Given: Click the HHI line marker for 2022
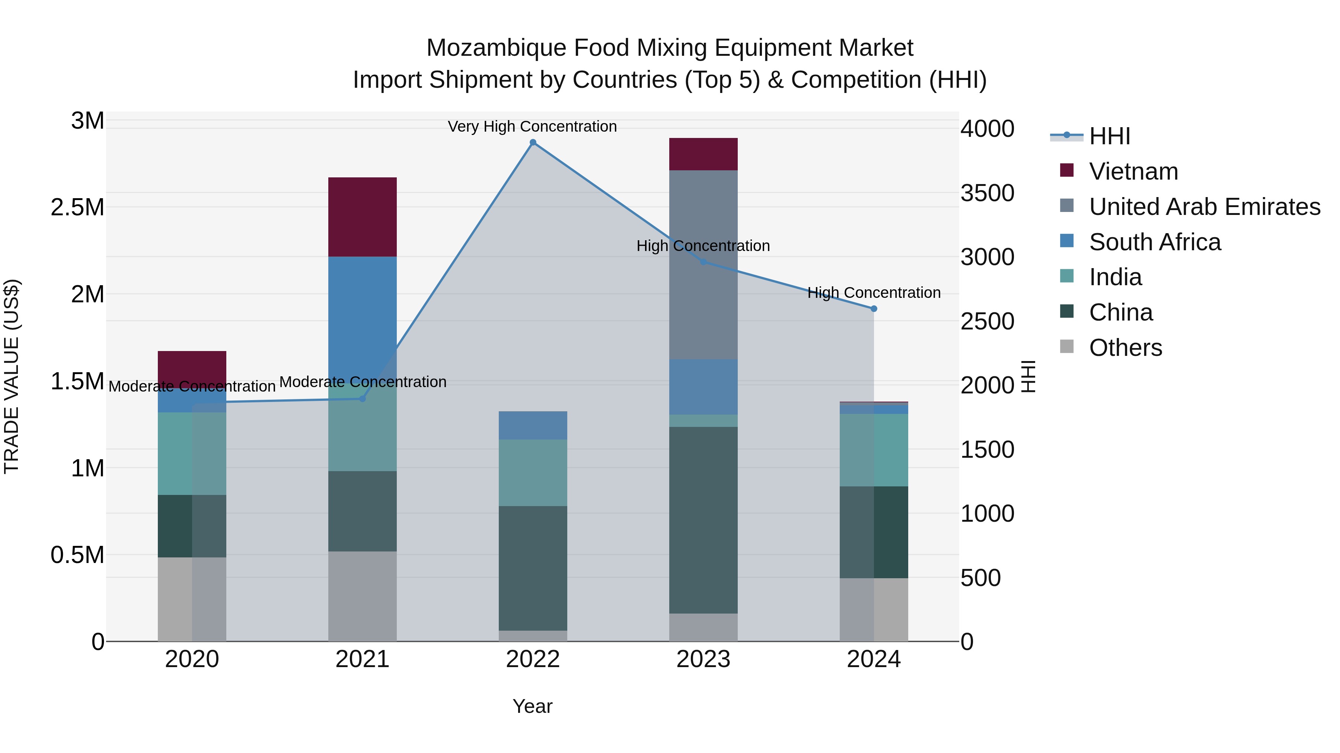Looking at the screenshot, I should pos(533,142).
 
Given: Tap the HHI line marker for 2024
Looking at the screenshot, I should pos(874,309).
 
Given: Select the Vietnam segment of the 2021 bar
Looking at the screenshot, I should pos(363,217).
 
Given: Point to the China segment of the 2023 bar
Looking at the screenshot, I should pos(703,520).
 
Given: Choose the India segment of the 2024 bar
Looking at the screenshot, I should pos(874,450).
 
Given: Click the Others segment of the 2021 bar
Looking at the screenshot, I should pos(363,596).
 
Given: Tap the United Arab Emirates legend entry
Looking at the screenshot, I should pos(1204,207).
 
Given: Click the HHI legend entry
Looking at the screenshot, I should pos(1109,136).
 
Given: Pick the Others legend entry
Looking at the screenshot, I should pos(1125,348).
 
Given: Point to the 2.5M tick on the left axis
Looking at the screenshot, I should pos(77,207).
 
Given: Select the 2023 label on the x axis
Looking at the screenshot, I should pos(703,659).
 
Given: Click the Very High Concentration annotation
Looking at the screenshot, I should pos(532,126).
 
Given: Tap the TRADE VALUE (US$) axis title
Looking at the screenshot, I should pos(12,376).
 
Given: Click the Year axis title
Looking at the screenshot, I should pos(532,706).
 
